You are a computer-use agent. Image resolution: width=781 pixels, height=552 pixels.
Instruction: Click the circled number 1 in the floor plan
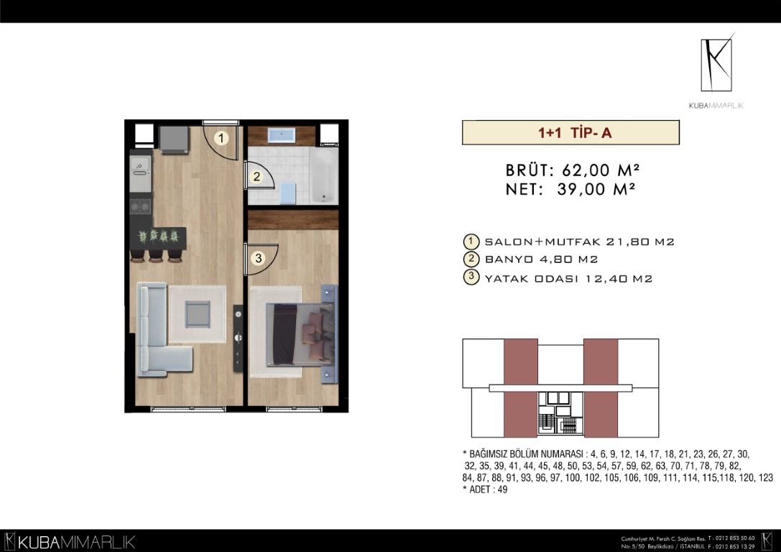tap(221, 138)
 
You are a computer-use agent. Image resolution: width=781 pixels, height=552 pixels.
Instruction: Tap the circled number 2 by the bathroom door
tap(257, 176)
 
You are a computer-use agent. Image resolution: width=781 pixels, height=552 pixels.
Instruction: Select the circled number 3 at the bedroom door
tap(258, 258)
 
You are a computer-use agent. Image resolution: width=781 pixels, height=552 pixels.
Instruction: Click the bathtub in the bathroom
tap(323, 175)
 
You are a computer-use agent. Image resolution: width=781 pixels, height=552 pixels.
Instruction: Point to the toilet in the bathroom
tap(288, 193)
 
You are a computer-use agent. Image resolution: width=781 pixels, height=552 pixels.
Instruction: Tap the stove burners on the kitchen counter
tap(140, 206)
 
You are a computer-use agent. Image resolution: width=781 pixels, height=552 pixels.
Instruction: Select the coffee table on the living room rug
tap(198, 314)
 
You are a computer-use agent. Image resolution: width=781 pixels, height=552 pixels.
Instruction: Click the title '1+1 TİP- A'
tap(575, 133)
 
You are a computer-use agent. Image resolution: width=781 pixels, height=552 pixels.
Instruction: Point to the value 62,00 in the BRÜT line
tap(586, 170)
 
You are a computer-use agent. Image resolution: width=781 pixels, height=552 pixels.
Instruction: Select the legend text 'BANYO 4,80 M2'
tap(541, 259)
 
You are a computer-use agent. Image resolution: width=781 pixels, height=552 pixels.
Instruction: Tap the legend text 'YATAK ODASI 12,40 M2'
tap(568, 278)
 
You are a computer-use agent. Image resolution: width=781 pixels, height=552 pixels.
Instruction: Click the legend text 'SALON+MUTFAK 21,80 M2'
tap(579, 242)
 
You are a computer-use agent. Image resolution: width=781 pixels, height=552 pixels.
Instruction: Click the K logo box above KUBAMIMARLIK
tap(716, 65)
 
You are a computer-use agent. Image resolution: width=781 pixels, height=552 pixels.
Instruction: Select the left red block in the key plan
tap(520, 387)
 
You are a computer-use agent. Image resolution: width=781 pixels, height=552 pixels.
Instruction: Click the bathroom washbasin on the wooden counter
tap(282, 135)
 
